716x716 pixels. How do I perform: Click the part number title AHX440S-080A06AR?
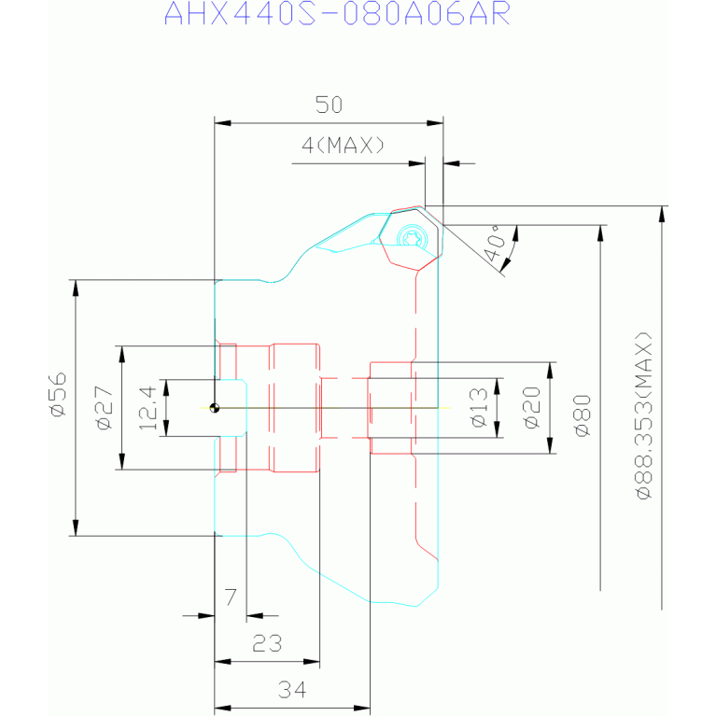click(337, 14)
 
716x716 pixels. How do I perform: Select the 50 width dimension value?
click(329, 105)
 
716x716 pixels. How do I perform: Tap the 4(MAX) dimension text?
click(343, 146)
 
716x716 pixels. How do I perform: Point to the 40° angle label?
click(494, 247)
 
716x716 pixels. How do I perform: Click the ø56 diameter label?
click(59, 395)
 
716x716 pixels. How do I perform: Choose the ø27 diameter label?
click(105, 408)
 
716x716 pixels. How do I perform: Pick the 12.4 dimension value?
click(147, 408)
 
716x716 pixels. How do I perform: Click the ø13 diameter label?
click(480, 407)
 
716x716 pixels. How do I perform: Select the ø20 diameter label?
click(532, 407)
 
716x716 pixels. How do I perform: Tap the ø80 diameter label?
click(583, 415)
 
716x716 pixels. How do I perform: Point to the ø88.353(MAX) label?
click(644, 415)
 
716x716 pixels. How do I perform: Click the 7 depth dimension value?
click(232, 597)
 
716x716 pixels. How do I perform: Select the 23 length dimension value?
click(267, 643)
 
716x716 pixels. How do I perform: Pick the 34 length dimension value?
click(292, 690)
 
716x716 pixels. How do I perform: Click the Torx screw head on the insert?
click(413, 236)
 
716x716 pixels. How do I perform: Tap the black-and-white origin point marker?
click(215, 408)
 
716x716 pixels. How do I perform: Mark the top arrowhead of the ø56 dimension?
click(76, 288)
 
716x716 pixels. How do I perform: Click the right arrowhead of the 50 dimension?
click(435, 123)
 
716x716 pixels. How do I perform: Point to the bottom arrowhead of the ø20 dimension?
click(550, 445)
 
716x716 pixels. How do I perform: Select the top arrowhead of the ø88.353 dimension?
click(662, 214)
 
